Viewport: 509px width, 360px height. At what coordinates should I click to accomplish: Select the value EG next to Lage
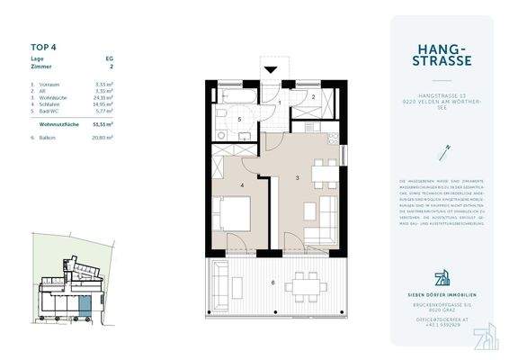110,58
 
